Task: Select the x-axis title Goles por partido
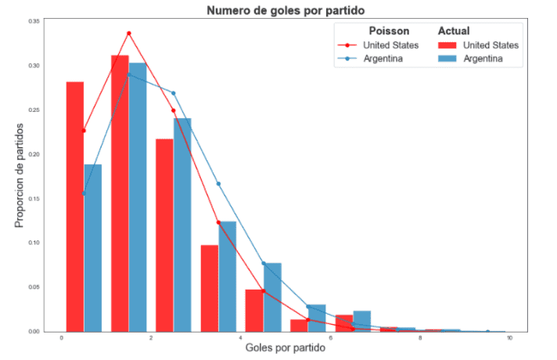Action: tap(285, 347)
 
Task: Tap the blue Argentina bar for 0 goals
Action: tap(93, 247)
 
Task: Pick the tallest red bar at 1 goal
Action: tap(120, 193)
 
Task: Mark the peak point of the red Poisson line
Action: tap(129, 33)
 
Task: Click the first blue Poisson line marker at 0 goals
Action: tap(84, 193)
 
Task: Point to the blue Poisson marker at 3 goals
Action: tap(218, 184)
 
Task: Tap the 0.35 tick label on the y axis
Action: tap(34, 21)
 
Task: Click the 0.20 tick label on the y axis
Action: tap(34, 154)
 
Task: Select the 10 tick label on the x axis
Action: tap(510, 339)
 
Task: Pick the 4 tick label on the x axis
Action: tap(241, 339)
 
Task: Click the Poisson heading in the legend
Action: tap(388, 31)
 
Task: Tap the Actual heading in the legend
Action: tap(454, 31)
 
